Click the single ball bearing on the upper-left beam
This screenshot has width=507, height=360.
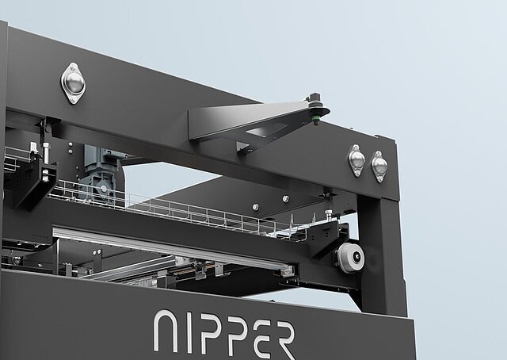pyautogui.click(x=74, y=82)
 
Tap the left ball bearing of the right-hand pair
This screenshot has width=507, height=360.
pyautogui.click(x=356, y=160)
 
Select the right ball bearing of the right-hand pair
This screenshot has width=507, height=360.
pyautogui.click(x=379, y=165)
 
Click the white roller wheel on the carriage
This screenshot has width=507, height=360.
pyautogui.click(x=351, y=257)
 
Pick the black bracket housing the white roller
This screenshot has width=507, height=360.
pyautogui.click(x=331, y=238)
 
